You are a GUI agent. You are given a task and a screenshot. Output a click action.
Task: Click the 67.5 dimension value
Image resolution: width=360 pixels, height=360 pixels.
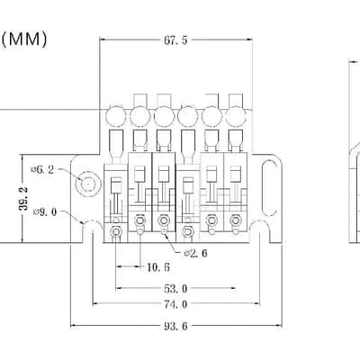tap(175, 40)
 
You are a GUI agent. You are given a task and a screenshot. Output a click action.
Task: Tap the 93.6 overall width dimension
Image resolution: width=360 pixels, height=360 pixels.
tap(175, 326)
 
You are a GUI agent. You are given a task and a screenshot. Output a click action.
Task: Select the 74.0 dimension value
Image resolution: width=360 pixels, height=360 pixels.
tap(175, 304)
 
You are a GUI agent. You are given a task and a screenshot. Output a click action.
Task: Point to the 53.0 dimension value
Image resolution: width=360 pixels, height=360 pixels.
tap(175, 289)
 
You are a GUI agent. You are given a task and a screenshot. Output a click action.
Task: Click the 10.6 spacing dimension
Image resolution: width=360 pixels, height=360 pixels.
tap(158, 266)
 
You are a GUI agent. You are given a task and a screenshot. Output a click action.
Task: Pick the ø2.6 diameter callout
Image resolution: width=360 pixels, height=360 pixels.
tap(195, 254)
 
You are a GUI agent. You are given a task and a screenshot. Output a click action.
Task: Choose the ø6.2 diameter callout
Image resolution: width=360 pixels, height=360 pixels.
tap(42, 170)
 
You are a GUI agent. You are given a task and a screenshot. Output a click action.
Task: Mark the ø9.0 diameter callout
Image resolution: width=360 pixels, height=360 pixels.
tap(45, 212)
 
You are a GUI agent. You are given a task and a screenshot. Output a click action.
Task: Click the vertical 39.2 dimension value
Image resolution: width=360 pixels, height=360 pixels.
tap(23, 198)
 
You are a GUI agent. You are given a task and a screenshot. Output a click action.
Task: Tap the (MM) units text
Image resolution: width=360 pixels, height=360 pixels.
tap(24, 40)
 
